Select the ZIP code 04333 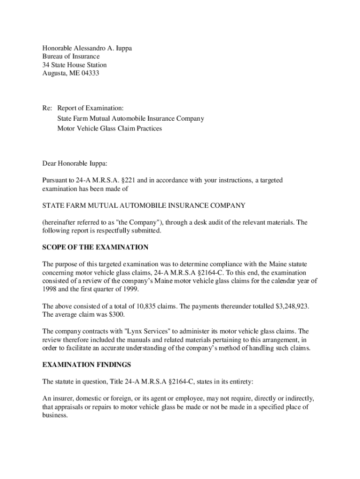click(x=89, y=73)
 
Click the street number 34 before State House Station click(x=46, y=65)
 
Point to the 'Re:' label click(x=47, y=108)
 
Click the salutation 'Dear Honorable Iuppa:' click(x=75, y=163)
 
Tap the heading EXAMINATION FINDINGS click(x=86, y=364)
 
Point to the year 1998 click(x=50, y=289)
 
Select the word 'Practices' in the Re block click(x=148, y=128)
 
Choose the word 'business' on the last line click(x=54, y=415)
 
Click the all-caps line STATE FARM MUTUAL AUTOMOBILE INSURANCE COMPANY click(x=144, y=205)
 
